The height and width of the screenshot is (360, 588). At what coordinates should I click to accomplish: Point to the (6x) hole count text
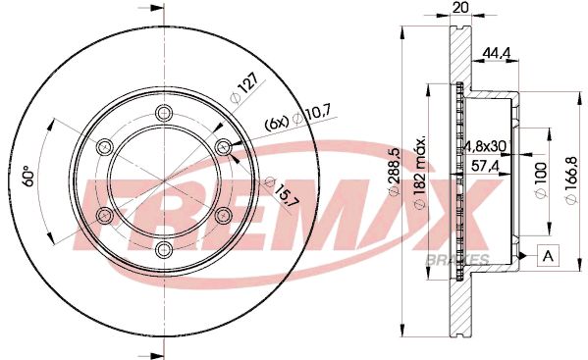coord(276,125)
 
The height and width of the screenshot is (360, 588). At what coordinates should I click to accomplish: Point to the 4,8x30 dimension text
coord(484,146)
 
